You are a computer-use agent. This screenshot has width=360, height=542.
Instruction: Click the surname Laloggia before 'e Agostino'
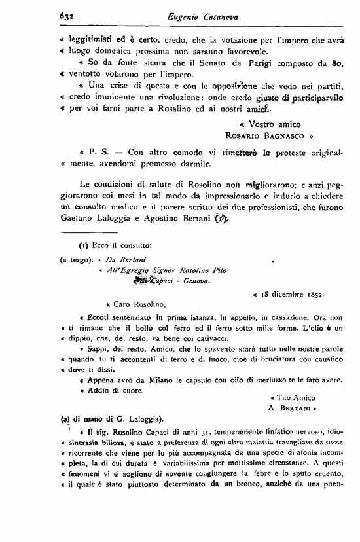pos(109,220)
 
